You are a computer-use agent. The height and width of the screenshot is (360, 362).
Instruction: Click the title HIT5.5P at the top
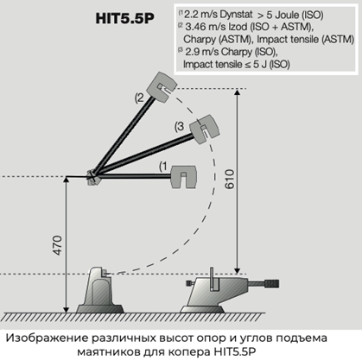pos(124,18)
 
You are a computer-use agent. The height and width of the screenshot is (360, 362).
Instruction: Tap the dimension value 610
pos(230,179)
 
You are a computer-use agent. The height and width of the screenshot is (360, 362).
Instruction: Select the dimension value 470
pos(58,245)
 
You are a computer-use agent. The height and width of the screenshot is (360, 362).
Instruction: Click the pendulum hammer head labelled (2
pos(162,87)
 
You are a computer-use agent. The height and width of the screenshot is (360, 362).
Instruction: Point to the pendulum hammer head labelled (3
pos(206,129)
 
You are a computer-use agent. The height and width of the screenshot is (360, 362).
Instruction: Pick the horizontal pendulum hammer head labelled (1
pos(184,177)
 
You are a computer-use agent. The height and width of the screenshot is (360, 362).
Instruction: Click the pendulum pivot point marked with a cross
pos(92,176)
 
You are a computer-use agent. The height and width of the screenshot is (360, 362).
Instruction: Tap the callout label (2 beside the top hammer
pos(139,98)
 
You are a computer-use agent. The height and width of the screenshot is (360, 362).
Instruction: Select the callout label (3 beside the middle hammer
pos(179,127)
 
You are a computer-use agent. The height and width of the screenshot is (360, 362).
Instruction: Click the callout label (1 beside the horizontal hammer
pos(163,167)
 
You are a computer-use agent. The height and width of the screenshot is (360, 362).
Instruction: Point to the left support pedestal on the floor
pos(100,290)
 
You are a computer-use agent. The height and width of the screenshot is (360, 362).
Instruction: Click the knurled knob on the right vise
pos(271,284)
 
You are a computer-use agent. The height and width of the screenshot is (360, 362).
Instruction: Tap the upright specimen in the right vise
pos(212,279)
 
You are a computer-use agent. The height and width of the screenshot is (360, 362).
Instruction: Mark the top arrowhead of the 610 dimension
pos(237,92)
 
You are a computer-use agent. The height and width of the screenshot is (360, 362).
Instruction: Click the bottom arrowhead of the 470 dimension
pos(67,309)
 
